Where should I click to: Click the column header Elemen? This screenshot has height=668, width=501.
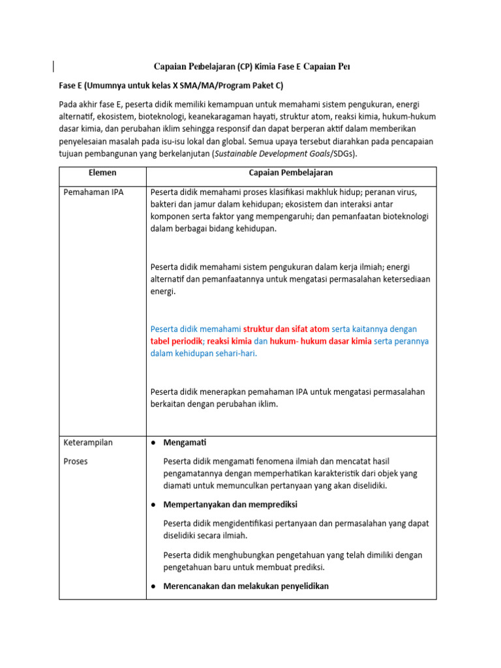point(102,174)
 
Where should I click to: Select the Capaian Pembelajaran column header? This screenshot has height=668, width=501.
point(291,174)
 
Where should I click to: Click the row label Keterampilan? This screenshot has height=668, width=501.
point(88,442)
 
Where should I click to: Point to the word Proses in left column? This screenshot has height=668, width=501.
point(76,461)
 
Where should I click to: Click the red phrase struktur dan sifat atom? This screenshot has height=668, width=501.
point(286,329)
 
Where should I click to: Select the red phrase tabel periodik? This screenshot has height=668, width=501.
point(176,341)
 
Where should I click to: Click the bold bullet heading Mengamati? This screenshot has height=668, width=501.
point(185,443)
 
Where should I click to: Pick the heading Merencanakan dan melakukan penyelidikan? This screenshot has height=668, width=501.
point(246,586)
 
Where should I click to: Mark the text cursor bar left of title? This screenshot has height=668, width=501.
point(53,65)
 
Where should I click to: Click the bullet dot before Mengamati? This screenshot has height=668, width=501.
point(153,443)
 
